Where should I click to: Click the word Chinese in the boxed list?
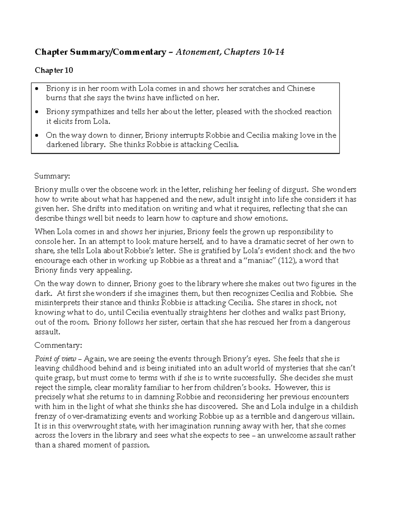click(301, 88)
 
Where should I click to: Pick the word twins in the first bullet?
click(135, 98)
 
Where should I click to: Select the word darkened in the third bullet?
click(62, 144)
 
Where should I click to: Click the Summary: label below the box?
click(52, 176)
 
